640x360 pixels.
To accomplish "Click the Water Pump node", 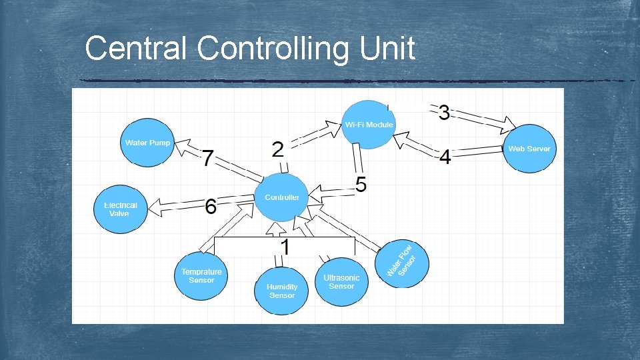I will click(x=147, y=143).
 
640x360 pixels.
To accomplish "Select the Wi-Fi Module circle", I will click(x=369, y=125).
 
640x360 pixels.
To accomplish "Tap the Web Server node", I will click(x=529, y=149).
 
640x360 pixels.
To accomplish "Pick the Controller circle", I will click(x=282, y=197).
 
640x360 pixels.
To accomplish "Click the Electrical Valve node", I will click(x=120, y=209).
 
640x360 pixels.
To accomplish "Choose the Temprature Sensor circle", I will click(x=201, y=276).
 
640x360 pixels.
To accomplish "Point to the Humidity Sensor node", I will click(x=282, y=291).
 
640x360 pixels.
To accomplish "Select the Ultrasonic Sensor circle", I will click(x=341, y=281).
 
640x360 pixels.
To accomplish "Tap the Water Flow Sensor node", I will click(x=402, y=263).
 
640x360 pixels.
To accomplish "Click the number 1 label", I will click(x=285, y=247).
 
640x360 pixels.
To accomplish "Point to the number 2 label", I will click(x=278, y=149).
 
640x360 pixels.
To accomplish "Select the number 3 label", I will click(x=444, y=113).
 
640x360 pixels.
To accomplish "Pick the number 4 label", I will click(x=445, y=158).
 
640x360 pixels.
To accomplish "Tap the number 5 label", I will click(x=361, y=184).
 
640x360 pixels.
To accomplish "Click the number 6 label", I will click(x=211, y=207).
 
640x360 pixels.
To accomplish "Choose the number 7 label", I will click(x=208, y=159).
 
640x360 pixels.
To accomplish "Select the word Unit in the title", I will click(x=387, y=49).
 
